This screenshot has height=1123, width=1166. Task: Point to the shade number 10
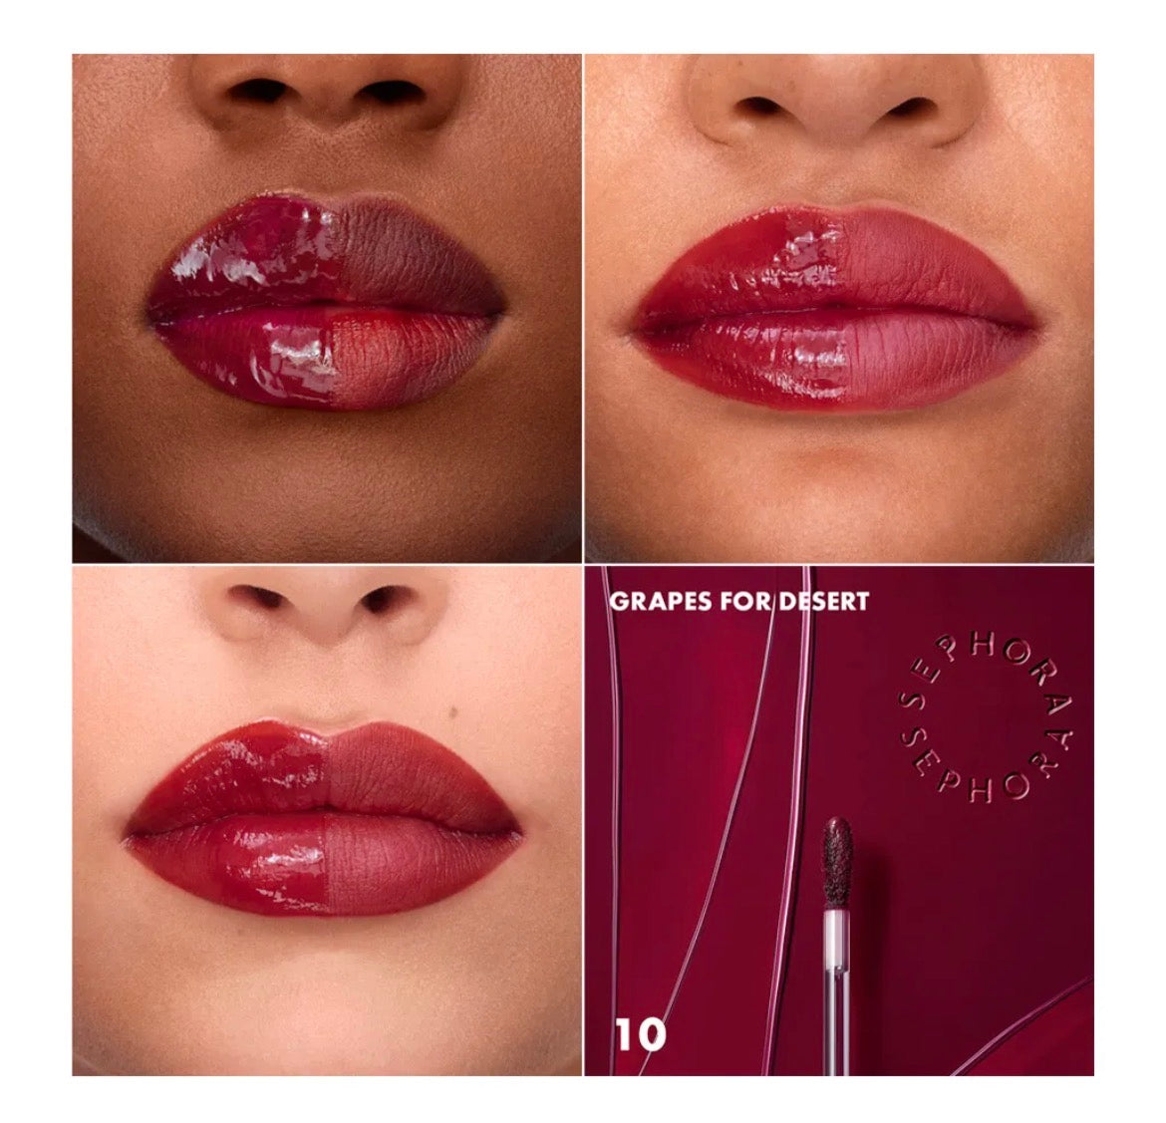(639, 1034)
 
